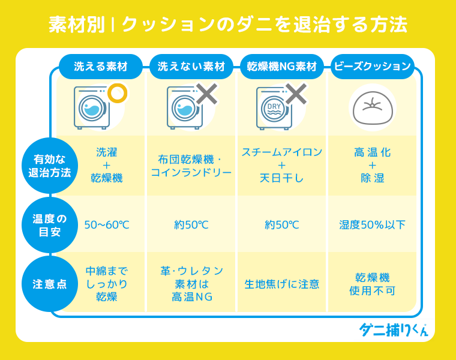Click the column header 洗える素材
101,67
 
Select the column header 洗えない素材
191,67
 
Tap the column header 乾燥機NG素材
282,67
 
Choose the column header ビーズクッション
373,67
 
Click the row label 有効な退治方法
50,166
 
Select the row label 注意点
50,284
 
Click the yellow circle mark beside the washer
118,93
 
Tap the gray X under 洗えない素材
206,94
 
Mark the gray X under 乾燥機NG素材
295,94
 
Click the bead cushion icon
372,107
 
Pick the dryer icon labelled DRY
274,109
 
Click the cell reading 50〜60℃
107,226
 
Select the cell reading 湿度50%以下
372,226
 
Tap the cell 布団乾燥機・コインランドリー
191,166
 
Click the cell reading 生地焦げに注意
282,284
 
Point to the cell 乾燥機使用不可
372,284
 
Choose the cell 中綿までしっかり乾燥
107,284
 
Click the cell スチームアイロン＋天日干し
282,165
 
